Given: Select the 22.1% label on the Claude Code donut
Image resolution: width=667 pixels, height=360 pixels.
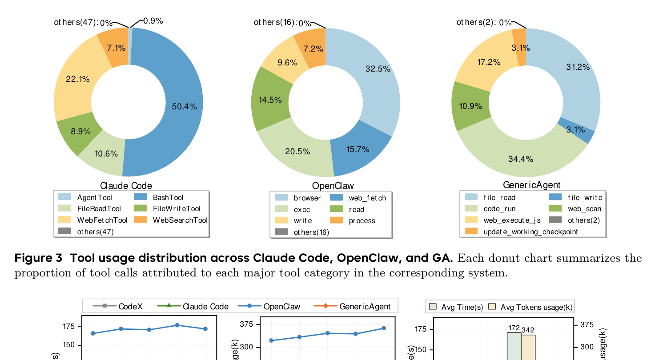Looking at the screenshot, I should [x=78, y=79].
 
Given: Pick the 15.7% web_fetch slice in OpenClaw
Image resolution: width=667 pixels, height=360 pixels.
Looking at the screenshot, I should [x=358, y=149].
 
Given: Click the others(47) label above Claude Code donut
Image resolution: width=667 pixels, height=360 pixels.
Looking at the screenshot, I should [x=76, y=22].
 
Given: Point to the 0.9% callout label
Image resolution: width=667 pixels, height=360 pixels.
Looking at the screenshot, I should [x=153, y=20].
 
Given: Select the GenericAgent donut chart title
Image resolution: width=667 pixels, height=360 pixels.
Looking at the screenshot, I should [x=531, y=185].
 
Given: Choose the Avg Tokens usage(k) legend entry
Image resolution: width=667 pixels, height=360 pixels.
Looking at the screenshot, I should [x=536, y=307].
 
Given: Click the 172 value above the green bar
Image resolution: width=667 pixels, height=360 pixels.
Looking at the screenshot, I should [x=514, y=328].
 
